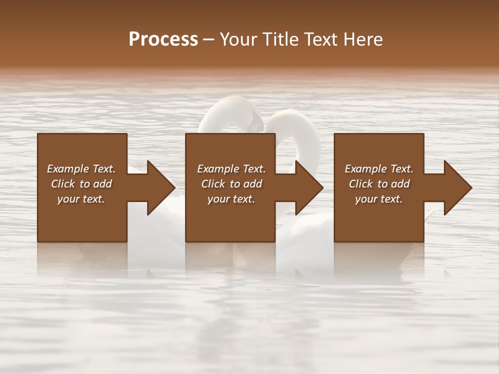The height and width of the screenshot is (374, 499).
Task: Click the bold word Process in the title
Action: (x=163, y=39)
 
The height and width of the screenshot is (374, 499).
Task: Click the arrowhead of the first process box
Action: (x=161, y=188)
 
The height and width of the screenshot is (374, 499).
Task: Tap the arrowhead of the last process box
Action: (x=457, y=188)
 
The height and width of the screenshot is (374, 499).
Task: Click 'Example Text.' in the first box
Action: (x=81, y=169)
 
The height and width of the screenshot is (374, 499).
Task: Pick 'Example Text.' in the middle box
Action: (x=231, y=169)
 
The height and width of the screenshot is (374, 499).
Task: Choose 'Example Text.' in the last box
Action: (x=379, y=169)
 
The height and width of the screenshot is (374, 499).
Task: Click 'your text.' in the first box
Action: (x=81, y=199)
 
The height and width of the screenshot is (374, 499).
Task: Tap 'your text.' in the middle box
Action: (x=231, y=199)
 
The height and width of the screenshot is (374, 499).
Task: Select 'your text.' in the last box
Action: (x=379, y=199)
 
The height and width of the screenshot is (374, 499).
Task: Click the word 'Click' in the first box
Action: (x=63, y=184)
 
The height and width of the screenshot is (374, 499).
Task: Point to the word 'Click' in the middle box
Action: (x=213, y=184)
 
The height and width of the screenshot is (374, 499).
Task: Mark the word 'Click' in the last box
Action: (x=361, y=184)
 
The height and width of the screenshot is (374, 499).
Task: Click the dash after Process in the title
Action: (x=208, y=40)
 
